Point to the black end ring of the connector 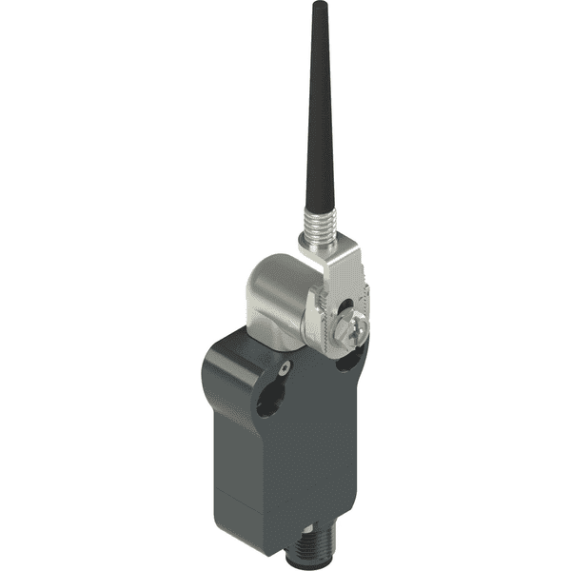(304, 563)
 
